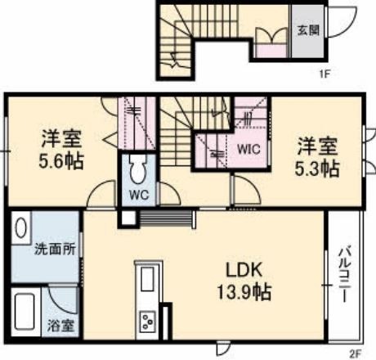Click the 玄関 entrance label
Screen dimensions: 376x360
coord(308,30)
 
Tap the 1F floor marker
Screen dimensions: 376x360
coord(325,74)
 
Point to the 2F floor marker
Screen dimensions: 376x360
coord(355,354)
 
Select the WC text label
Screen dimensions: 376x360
coord(139,195)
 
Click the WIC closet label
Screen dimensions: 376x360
coord(248,149)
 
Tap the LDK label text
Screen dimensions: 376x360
coord(244,270)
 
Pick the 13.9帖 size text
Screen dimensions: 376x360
coord(244,292)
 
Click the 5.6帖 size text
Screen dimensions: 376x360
coord(61,161)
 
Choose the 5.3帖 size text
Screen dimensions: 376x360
coord(317,169)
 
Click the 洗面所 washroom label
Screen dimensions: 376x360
coord(55,249)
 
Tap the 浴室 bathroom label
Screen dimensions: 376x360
coord(60,326)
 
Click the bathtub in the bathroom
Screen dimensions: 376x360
coord(25,311)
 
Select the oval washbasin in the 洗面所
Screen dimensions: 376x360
coord(20,228)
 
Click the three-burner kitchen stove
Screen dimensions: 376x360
coord(148,322)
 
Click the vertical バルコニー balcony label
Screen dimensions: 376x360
coord(344,274)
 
